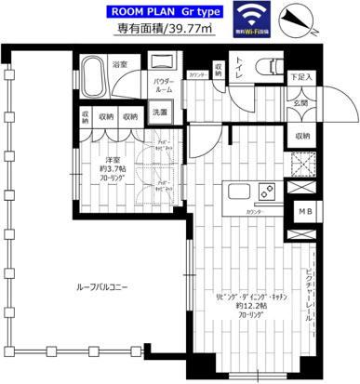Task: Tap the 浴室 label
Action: [120, 65]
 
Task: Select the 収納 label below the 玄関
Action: [301, 137]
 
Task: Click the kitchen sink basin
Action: [233, 194]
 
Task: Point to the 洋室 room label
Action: [110, 160]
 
